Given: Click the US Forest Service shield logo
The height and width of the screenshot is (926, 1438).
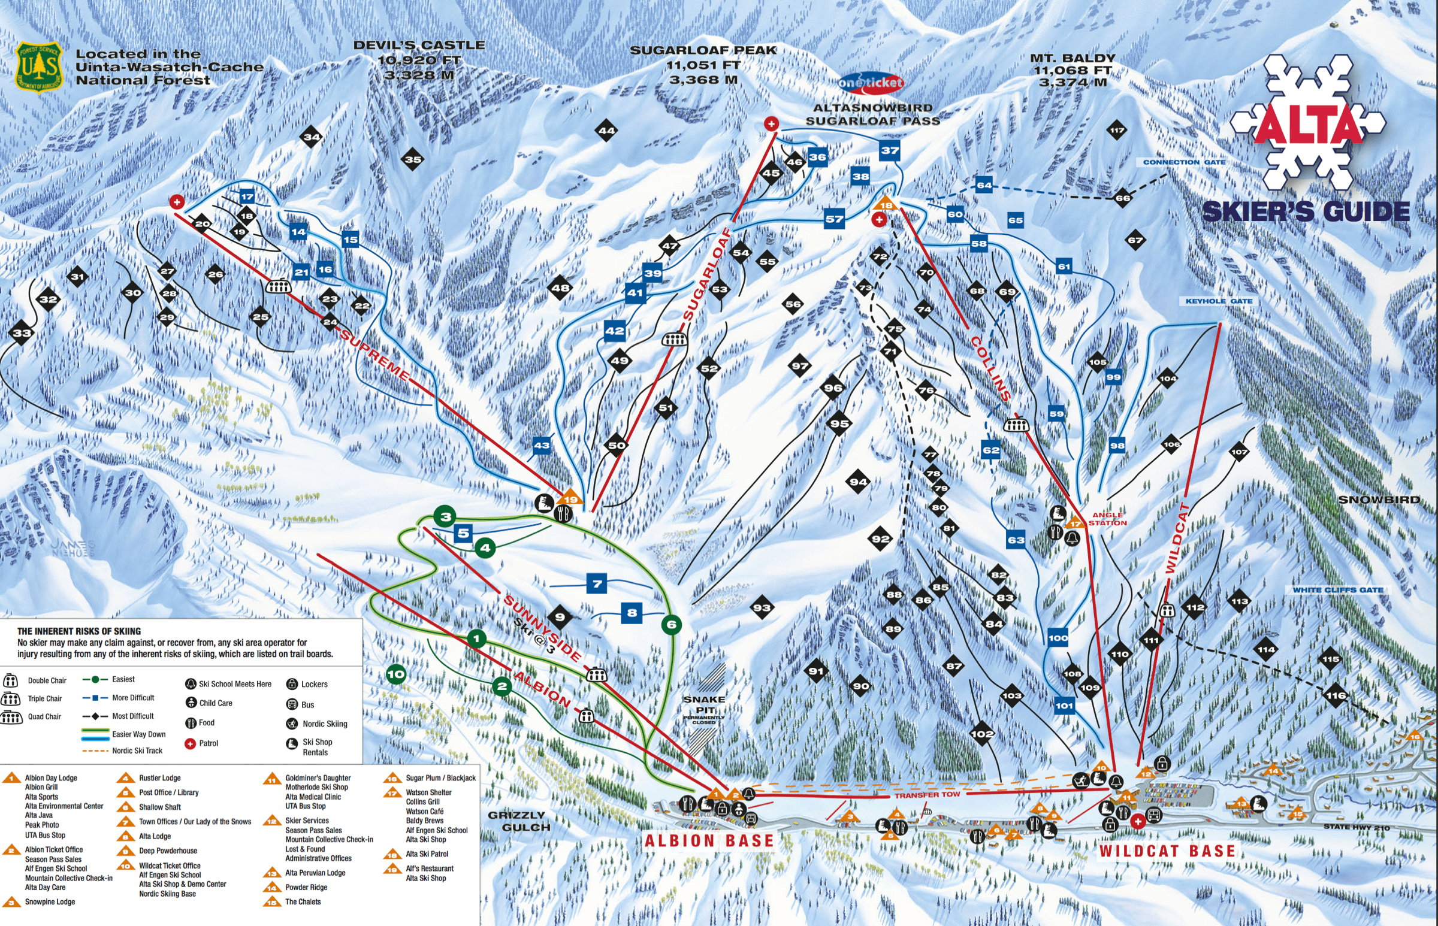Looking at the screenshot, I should [x=39, y=66].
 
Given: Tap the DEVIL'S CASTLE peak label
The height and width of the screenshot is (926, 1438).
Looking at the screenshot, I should [x=419, y=59].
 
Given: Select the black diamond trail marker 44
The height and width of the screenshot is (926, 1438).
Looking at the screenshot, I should [x=606, y=131].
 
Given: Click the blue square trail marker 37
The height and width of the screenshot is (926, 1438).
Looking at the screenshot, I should [x=890, y=151].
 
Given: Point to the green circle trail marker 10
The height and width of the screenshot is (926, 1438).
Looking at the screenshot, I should [x=395, y=674].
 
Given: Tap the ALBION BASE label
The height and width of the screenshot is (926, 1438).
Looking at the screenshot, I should [x=709, y=840].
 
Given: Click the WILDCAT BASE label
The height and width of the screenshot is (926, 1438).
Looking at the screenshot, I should [x=1167, y=851].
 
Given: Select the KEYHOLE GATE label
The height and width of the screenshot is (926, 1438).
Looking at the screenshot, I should [x=1219, y=301].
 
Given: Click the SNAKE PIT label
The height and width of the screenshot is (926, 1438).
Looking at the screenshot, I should [x=704, y=705].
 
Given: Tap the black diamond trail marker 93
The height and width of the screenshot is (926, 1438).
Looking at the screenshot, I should [x=762, y=608].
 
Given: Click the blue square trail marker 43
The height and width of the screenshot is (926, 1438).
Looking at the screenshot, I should [x=541, y=446].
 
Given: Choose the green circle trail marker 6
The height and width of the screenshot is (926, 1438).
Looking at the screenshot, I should [x=671, y=625].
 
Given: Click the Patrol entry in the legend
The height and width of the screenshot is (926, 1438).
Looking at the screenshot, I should [x=201, y=744].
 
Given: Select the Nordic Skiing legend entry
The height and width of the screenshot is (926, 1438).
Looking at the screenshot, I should [x=317, y=724].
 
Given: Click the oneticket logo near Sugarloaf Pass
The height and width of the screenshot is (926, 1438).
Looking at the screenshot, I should [x=870, y=83].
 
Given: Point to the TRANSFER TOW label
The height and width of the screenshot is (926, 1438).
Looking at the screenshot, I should [x=927, y=795].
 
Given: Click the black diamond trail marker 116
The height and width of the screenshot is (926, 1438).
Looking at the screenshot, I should [x=1335, y=696].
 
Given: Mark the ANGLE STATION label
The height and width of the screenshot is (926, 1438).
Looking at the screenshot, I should [x=1107, y=519].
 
